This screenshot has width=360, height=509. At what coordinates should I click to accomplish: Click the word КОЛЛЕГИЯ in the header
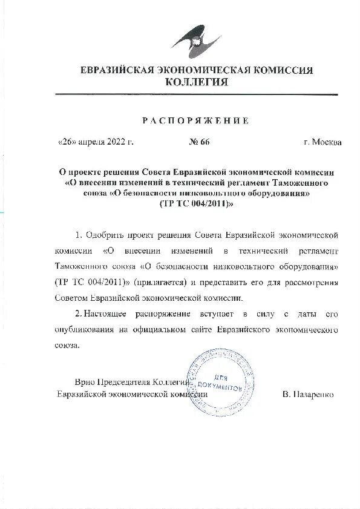pos(197,82)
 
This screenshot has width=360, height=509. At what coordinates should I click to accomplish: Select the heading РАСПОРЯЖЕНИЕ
pos(195,120)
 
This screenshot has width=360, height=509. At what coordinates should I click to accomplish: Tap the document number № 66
pos(199,142)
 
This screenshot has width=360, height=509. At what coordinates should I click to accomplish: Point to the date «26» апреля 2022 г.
pos(95,142)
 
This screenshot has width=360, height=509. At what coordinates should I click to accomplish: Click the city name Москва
pos(327,142)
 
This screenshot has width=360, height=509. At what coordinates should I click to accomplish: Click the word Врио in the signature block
pos(85,383)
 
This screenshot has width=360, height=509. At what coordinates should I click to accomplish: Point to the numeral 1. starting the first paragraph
pos(78,234)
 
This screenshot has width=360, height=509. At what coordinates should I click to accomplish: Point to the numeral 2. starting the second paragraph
pos(78,314)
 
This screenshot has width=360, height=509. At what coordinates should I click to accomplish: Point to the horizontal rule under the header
pos(195,94)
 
